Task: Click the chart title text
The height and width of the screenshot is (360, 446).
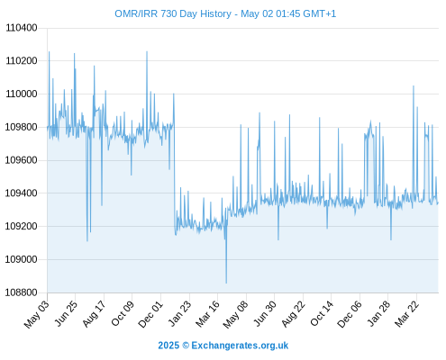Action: (225, 13)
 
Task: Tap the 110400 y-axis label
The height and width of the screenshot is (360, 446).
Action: (22, 28)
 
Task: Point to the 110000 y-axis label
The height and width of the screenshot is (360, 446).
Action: (22, 94)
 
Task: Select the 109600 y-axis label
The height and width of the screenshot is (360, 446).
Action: (22, 160)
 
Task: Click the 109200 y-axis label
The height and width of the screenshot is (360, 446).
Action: (22, 226)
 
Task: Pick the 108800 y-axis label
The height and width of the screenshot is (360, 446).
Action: (22, 292)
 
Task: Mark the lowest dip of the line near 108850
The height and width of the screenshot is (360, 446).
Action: (226, 283)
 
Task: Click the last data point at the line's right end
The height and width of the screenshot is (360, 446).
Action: (438, 203)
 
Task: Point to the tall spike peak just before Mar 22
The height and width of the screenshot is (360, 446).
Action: (414, 86)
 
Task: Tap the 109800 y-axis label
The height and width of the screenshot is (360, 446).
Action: (22, 127)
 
